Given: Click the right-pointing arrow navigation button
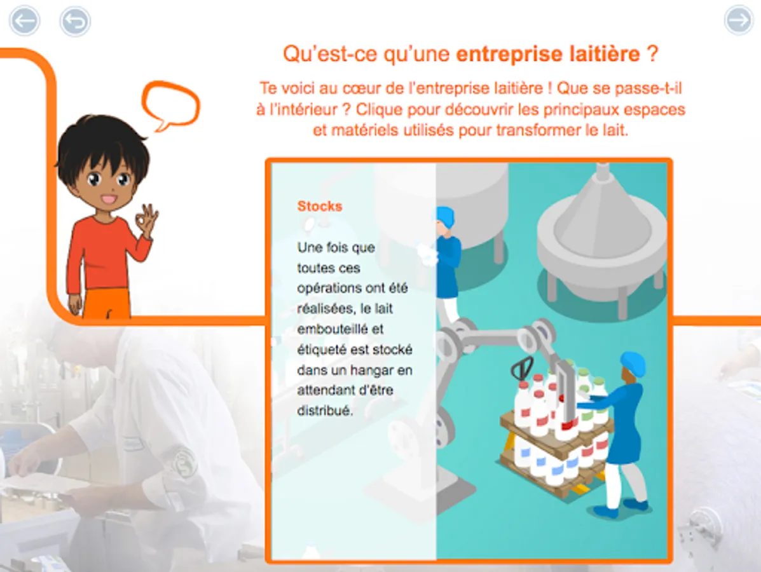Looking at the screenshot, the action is (x=739, y=20).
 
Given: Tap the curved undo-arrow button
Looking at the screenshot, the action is (x=75, y=22).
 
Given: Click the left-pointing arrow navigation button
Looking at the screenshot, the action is (x=25, y=20).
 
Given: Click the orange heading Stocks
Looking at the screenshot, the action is (x=320, y=206).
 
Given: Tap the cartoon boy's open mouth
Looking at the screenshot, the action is (x=109, y=200).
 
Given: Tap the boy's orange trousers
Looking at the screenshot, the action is (x=107, y=304).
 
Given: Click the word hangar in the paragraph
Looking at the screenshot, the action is (x=371, y=370).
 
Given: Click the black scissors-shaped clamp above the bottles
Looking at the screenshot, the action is (x=522, y=369).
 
